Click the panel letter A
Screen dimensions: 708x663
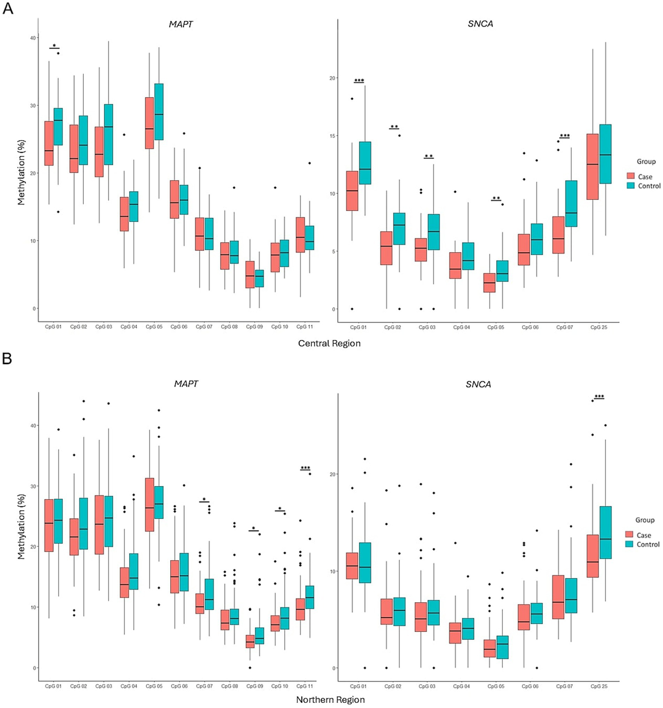(8, 8)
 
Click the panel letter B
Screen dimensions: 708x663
(7, 359)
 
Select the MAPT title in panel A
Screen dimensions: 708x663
(181, 24)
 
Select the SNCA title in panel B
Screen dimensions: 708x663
(478, 384)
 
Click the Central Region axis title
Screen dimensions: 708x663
(329, 343)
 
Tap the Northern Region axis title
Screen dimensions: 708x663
(330, 700)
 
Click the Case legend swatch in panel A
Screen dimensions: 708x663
(631, 176)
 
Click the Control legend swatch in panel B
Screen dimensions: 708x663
(630, 544)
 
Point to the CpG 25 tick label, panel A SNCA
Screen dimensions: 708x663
(599, 327)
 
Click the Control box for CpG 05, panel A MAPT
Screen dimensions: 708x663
(159, 112)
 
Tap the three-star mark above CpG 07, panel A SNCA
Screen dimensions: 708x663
(565, 136)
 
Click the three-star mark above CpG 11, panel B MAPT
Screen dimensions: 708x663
(305, 468)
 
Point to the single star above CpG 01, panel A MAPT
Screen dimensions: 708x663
(54, 46)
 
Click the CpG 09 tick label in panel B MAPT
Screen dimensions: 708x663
(254, 686)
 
